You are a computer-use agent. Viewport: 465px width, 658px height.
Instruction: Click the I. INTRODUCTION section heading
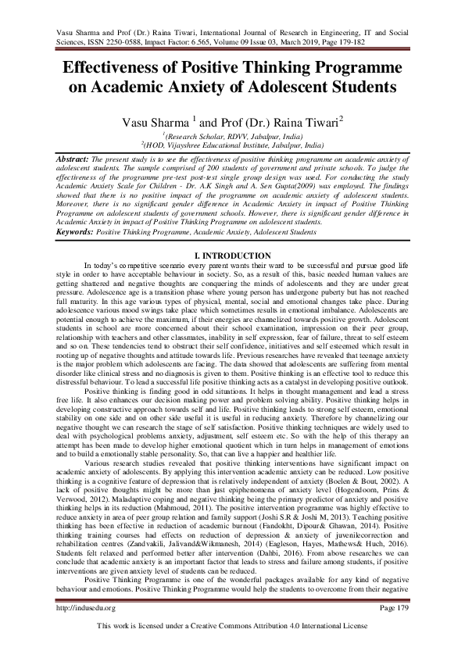coord(232,256)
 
